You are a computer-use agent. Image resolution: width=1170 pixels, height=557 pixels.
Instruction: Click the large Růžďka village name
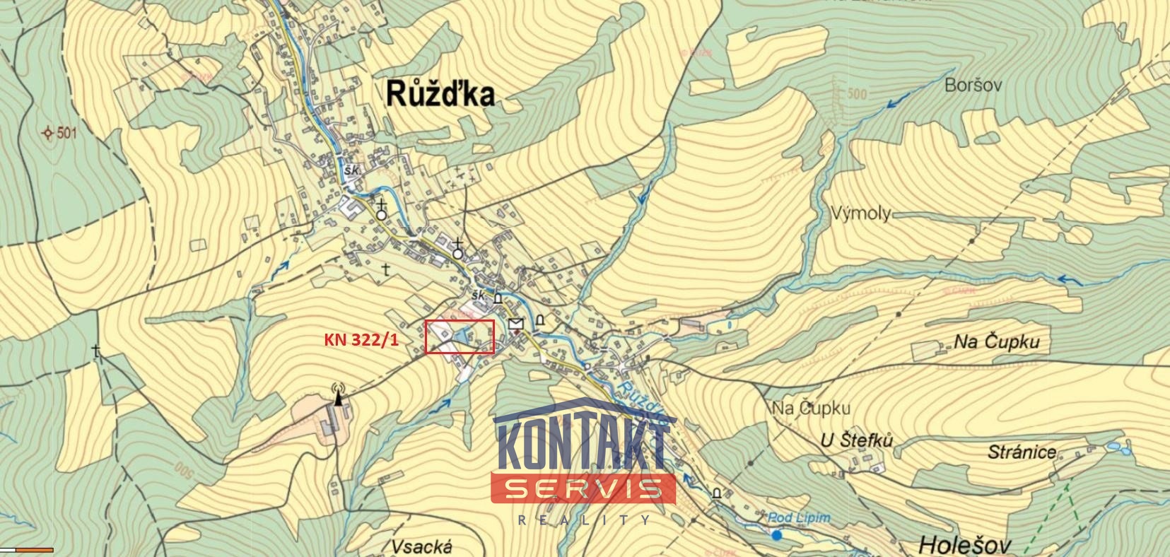440,93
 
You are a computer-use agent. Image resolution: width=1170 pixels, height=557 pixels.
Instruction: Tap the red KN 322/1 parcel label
361,340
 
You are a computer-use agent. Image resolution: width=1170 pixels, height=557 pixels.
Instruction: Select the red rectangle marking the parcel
460,336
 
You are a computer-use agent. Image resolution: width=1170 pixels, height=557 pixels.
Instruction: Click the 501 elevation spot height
59,133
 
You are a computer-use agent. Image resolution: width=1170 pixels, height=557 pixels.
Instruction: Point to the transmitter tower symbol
338,394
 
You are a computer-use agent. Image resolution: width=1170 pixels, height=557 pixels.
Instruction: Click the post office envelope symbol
516,324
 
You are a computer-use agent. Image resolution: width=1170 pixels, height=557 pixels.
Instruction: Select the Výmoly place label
860,213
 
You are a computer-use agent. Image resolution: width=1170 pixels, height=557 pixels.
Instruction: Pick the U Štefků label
857,440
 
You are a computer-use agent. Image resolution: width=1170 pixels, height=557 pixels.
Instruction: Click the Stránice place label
1022,452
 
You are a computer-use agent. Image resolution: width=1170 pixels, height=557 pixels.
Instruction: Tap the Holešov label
965,544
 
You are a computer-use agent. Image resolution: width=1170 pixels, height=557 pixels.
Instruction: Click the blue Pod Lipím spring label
799,518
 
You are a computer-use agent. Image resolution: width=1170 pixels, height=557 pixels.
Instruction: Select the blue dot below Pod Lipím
777,535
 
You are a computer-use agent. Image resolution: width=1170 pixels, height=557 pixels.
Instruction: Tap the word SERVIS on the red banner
584,488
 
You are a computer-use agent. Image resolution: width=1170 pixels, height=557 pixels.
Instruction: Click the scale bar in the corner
27,549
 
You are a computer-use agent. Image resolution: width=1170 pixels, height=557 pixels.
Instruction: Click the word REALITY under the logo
584,520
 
